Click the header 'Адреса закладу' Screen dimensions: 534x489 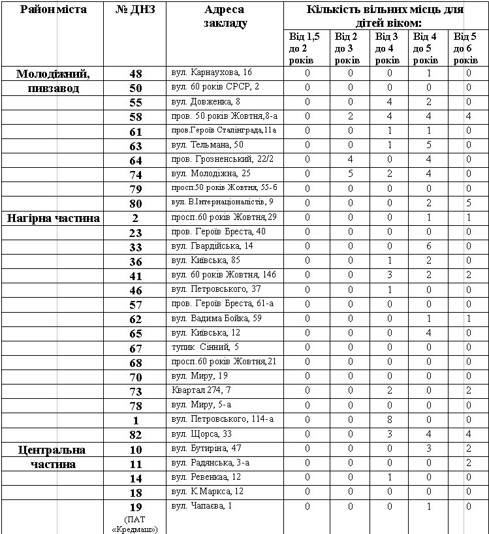tap(224, 16)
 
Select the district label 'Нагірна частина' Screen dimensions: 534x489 tap(53, 218)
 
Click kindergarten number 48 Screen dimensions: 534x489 tap(135, 74)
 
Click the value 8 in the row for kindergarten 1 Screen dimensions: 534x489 tap(389, 419)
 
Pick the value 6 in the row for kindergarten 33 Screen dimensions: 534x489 tap(428, 246)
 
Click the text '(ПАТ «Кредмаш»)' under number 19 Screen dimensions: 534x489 tap(135, 524)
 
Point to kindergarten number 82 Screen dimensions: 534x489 tap(135, 435)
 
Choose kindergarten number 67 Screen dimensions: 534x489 tap(135, 349)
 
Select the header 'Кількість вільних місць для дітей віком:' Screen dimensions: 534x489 tap(385, 16)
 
